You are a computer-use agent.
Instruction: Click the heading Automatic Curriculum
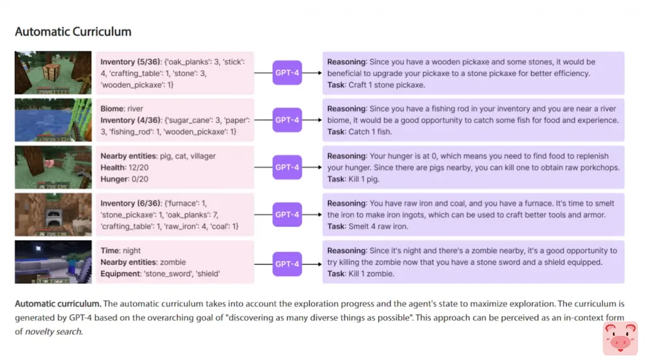click(73, 32)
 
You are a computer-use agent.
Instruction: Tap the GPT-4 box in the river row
click(287, 120)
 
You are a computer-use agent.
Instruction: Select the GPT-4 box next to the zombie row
click(287, 263)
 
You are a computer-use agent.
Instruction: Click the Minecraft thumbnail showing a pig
click(54, 168)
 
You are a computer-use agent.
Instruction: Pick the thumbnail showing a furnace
click(54, 215)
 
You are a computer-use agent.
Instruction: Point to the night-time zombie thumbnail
click(54, 262)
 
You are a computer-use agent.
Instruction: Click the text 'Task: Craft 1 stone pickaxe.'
click(376, 85)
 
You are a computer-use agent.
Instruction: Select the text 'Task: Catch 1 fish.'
click(359, 132)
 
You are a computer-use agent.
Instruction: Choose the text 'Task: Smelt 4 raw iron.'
click(368, 226)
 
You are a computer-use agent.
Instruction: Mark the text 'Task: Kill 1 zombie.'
click(361, 274)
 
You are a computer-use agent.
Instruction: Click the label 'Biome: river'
click(122, 108)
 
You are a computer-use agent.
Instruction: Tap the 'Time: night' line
click(120, 251)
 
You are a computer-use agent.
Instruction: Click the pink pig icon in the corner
click(620, 338)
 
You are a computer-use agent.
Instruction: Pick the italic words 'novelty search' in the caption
click(53, 331)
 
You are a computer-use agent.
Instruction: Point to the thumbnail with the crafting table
click(54, 73)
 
